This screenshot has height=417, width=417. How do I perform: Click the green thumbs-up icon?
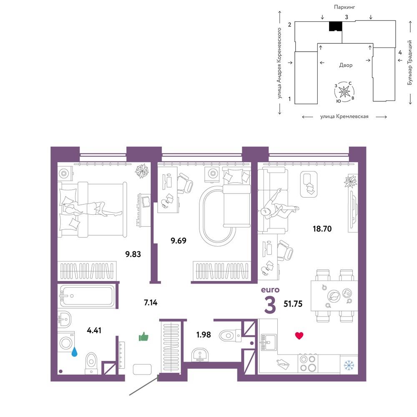tap(143, 337)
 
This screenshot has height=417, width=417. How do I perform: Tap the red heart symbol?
tap(299, 336)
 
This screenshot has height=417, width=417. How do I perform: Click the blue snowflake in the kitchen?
tap(348, 365)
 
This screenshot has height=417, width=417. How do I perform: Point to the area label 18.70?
tap(322, 229)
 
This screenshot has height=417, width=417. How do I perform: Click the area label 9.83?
tap(133, 254)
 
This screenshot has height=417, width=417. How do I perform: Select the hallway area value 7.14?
tap(151, 302)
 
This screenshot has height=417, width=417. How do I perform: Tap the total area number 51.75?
tap(293, 304)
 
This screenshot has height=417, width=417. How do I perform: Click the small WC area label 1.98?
tap(203, 334)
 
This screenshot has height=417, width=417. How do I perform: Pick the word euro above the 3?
tap(270, 290)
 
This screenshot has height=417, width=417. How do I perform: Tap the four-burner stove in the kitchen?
tap(308, 363)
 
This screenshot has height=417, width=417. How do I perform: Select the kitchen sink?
tap(268, 342)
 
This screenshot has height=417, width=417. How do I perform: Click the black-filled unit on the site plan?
tap(335, 26)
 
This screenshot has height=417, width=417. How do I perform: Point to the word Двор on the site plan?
tap(346, 65)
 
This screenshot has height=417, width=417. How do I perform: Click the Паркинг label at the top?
tap(344, 7)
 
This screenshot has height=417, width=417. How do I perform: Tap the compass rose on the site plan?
tap(344, 92)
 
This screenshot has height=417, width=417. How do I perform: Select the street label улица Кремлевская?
tap(344, 116)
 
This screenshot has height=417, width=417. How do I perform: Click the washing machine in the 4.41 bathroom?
tap(66, 342)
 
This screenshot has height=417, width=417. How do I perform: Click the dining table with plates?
tap(334, 296)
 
